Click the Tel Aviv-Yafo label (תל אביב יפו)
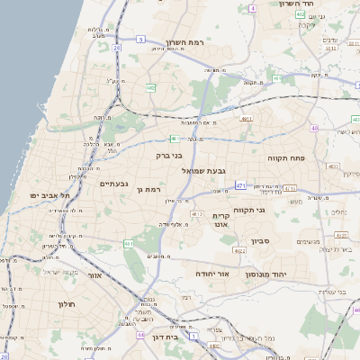[x=46, y=195]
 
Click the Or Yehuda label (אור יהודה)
[x=213, y=272]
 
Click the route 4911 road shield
[x=247, y=118]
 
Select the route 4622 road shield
[x=239, y=250]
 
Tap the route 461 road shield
[x=129, y=243]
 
